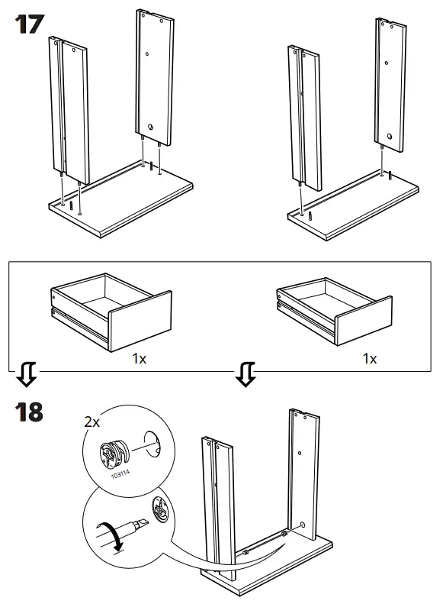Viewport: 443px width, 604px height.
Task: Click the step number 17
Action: pos(29,24)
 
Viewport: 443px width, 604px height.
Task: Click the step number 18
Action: pos(29,412)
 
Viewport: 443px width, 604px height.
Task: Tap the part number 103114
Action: pos(120,473)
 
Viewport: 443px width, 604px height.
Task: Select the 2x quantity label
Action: pos(92,422)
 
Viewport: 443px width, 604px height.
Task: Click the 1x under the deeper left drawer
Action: pos(140,359)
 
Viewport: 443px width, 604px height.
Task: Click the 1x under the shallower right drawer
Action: pos(370,359)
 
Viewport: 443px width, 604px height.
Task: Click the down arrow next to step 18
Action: pos(27,374)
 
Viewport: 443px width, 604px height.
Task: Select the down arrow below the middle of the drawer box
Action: pos(246,374)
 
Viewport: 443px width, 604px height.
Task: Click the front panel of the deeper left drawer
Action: pos(140,321)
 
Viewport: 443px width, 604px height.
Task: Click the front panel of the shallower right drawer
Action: pos(364,321)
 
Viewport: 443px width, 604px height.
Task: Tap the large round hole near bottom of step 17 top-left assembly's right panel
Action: pos(152,126)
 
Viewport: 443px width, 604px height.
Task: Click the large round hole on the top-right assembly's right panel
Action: pos(390,137)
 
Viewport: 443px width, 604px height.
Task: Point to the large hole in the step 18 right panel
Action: pos(303,525)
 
